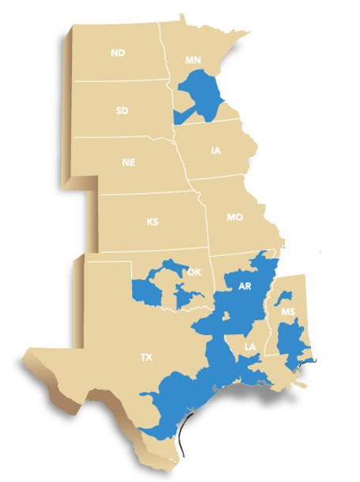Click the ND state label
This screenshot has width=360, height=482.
pos(118,53)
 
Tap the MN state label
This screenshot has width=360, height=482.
pos(193,60)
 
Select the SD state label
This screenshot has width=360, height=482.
pos(122,111)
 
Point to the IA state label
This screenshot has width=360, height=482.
pos(216,149)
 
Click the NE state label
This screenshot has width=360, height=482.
pos(128,163)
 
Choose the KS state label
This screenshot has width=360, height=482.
pos(152,221)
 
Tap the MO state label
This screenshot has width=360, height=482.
pos(234,217)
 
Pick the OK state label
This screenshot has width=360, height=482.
pos(194,273)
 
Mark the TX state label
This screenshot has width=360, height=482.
pos(146,357)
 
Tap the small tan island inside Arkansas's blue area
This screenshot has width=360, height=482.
pos(227,317)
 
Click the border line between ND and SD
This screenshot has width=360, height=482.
pos(118,81)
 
